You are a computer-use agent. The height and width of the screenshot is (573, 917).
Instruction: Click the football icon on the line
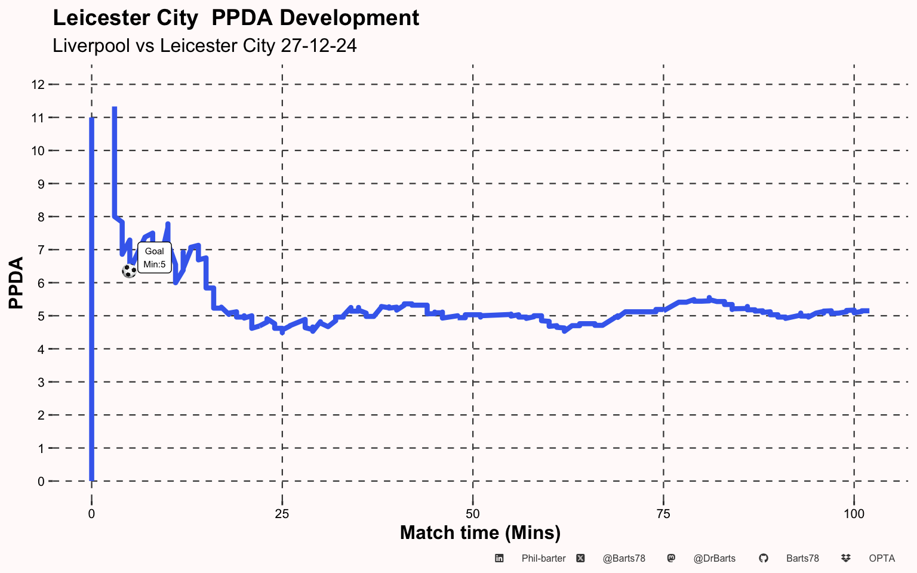(129, 271)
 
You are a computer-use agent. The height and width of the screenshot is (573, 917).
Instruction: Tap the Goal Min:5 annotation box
(155, 258)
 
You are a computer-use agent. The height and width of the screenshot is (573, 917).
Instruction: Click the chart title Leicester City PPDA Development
(236, 18)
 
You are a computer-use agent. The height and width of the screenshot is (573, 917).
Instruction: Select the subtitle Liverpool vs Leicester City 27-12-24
(205, 45)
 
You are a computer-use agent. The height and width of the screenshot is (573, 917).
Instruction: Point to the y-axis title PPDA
(16, 282)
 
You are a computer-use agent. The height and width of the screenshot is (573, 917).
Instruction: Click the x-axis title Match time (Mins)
(480, 532)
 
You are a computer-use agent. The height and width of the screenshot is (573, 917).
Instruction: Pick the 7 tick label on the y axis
(41, 249)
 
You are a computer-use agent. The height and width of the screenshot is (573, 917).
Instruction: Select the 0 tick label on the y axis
(41, 481)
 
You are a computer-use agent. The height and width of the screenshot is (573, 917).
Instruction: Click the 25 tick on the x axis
(282, 514)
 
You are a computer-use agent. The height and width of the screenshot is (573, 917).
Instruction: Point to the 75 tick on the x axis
(663, 514)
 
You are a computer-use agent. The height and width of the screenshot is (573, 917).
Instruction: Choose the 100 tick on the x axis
(854, 514)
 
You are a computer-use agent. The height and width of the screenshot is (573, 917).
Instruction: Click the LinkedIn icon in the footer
(499, 558)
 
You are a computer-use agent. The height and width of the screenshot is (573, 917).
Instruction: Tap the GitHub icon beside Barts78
(763, 558)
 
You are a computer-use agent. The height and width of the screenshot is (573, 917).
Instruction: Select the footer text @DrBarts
(715, 559)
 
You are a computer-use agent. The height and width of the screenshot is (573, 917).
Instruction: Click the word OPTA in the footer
(882, 559)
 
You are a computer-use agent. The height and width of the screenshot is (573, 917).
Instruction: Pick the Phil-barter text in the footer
(543, 559)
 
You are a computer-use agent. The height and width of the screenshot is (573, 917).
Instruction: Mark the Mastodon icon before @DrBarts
(671, 558)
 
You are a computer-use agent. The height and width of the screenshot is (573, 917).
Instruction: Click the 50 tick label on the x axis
(472, 514)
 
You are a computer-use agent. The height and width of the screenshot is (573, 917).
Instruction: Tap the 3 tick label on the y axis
(41, 382)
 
